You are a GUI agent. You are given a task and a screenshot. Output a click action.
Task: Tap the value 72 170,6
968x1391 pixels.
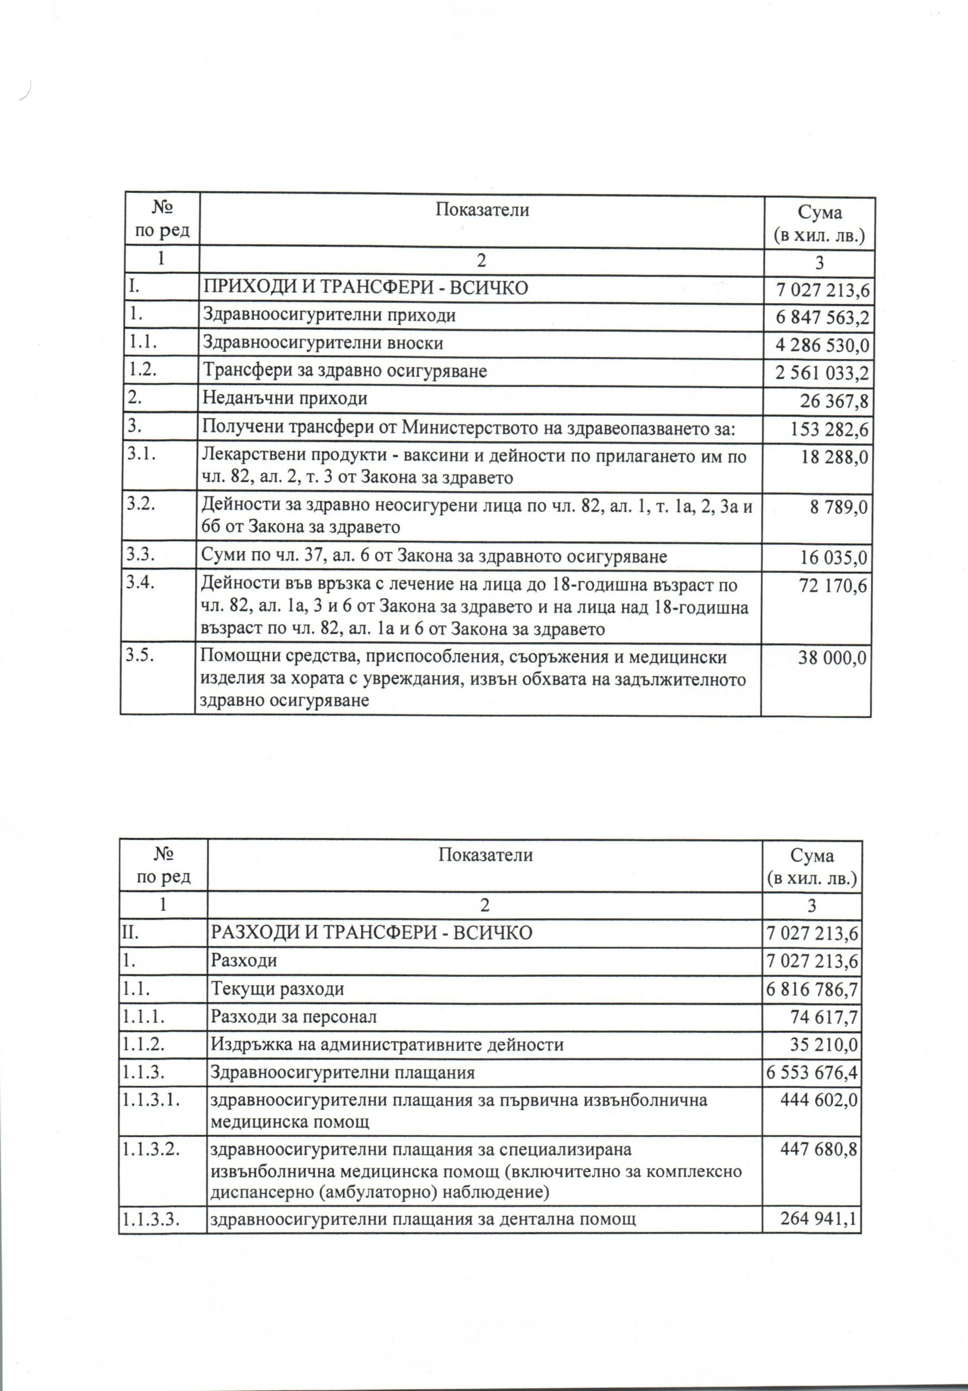click(833, 586)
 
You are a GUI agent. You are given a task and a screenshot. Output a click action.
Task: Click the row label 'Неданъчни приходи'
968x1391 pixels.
click(285, 399)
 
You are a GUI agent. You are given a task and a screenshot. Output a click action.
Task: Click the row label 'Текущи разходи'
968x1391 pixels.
click(278, 989)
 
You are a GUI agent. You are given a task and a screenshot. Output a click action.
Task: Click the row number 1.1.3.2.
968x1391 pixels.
click(151, 1149)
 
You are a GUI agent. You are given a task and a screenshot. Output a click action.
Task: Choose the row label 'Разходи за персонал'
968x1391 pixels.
click(294, 1017)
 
